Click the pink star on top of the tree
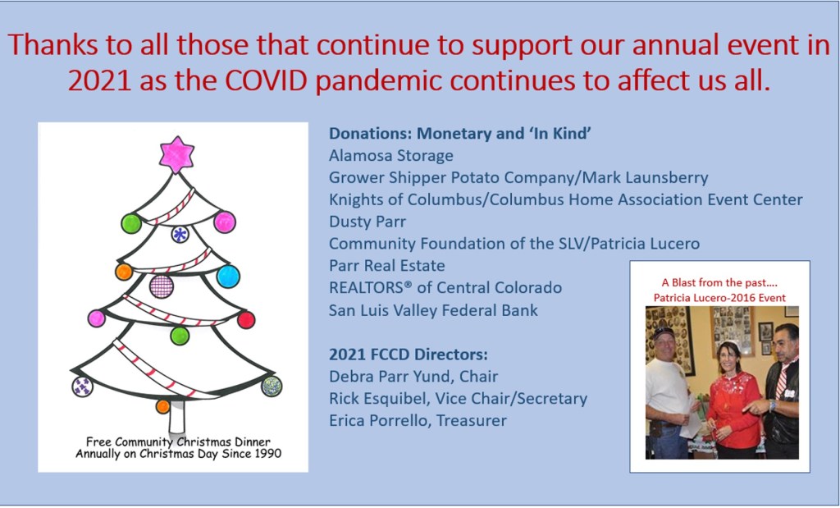point(176,155)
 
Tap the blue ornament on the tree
point(228,276)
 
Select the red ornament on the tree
point(246,320)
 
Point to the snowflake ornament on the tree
point(180,234)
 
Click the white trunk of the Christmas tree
point(177,416)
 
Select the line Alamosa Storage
point(391,155)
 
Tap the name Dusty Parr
point(367,222)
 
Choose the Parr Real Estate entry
point(387,265)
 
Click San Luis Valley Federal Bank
point(433,309)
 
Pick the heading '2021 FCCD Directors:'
point(409,355)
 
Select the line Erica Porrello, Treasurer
point(418,420)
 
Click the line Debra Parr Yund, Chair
point(413,376)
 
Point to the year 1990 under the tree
point(267,453)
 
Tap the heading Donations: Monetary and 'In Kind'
point(459,134)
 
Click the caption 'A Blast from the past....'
point(719,282)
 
